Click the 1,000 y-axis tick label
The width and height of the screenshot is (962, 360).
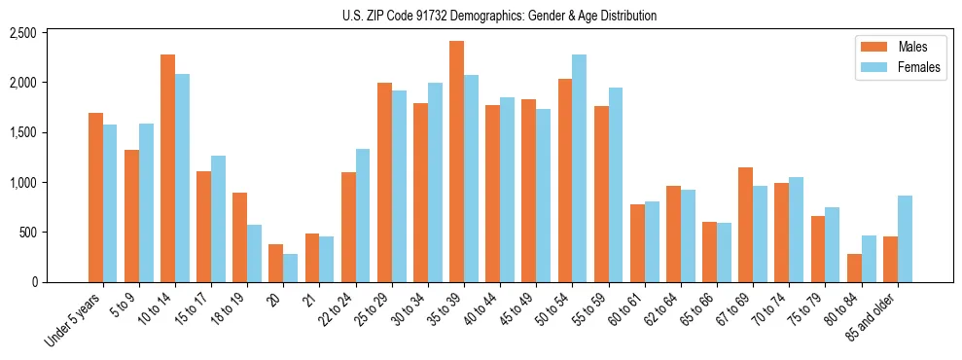(x=22, y=183)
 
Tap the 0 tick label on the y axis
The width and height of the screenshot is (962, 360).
(x=33, y=282)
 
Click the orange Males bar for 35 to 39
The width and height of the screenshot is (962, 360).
(x=456, y=162)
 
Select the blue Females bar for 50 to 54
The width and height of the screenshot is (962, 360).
(x=579, y=168)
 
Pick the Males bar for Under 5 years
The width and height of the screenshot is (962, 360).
(x=95, y=198)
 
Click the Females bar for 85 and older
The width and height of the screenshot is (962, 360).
(x=905, y=239)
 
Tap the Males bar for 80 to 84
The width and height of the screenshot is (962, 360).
(x=854, y=269)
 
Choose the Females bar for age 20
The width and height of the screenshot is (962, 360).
(x=291, y=269)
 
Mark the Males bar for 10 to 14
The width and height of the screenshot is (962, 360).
(x=167, y=168)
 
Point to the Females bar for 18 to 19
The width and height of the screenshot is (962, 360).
(x=254, y=254)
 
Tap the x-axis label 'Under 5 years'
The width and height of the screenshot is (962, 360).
(x=74, y=320)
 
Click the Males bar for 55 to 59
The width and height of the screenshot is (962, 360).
(x=601, y=195)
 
